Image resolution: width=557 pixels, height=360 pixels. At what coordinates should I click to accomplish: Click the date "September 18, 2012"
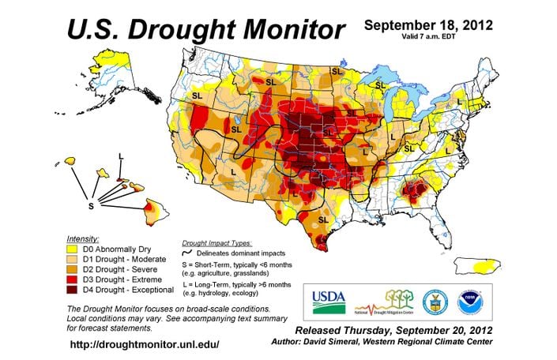tap(427, 24)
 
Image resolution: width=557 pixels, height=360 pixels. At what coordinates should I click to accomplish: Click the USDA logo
tap(329, 299)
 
